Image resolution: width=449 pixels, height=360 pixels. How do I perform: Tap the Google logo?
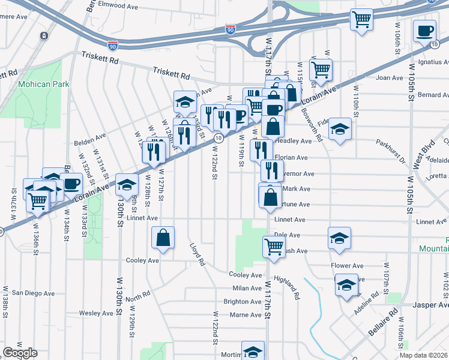coord(20,353)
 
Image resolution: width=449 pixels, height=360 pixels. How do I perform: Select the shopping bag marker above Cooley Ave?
coord(163,238)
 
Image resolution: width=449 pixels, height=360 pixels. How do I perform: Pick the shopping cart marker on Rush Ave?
coord(274,246)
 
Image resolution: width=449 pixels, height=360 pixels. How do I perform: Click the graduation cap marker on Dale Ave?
coord(339,238)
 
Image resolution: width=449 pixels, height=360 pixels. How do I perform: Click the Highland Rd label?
coord(287,287)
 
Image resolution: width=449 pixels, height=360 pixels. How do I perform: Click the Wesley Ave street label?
coord(96,313)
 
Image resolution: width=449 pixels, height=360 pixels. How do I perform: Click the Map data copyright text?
coord(424,355)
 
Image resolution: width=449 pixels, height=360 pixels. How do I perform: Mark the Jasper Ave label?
coord(429,305)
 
